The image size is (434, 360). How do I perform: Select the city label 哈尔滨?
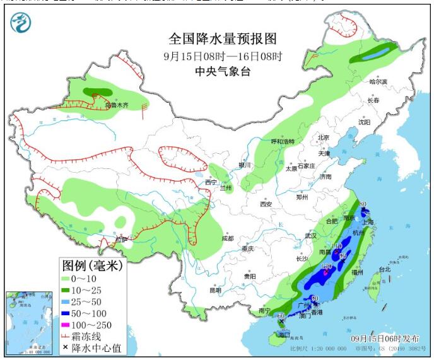tap(377, 81)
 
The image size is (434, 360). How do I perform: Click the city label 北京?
tap(324, 137)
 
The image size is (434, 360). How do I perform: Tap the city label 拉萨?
tap(121, 240)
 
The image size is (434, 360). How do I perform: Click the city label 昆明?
tap(215, 290)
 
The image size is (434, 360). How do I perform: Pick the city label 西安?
tap(265, 204)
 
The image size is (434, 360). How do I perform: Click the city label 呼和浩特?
tap(283, 141)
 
